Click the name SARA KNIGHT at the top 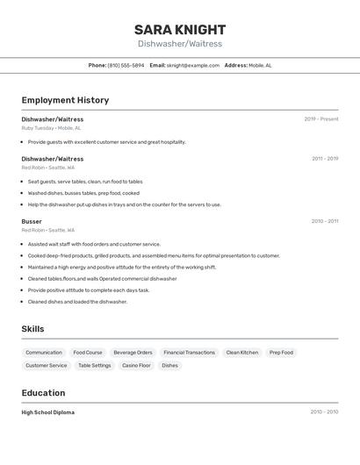tap(180, 30)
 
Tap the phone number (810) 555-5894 tap(126, 65)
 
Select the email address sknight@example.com tap(193, 65)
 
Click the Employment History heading tap(65, 100)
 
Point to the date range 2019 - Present tap(321, 119)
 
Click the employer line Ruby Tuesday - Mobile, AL tap(51, 128)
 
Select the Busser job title tap(32, 221)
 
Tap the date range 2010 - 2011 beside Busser tap(325, 221)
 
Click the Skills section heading tap(33, 329)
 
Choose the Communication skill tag tap(44, 353)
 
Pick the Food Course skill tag tap(88, 353)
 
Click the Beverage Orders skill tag tap(133, 353)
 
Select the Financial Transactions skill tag tap(189, 353)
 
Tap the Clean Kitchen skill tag tap(242, 353)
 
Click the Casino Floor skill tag tap(136, 365)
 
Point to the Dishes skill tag tap(169, 365)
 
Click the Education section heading tap(43, 393)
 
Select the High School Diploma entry tap(48, 412)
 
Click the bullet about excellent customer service tap(106, 142)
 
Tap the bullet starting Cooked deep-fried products tap(154, 256)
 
